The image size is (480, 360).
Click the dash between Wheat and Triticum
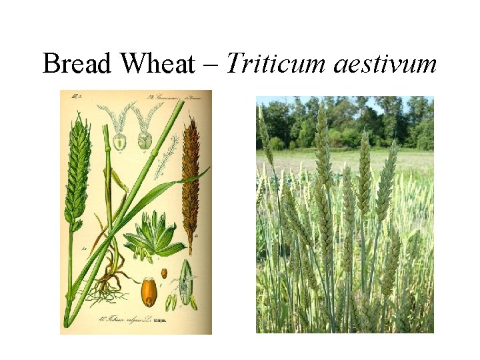[211, 66]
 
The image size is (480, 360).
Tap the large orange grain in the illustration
[149, 292]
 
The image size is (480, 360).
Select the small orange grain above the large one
[163, 274]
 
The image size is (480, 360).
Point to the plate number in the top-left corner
[73, 97]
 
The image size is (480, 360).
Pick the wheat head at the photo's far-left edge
[265, 140]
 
